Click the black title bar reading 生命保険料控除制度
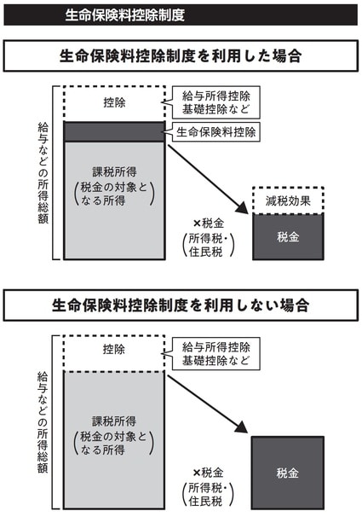coord(181,15)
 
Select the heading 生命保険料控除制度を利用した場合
coord(181,55)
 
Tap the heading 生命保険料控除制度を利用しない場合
coord(181,305)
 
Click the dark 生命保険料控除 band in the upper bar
coord(114,131)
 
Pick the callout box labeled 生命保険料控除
coord(215,132)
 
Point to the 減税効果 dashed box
coord(288,200)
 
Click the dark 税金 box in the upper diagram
coord(288,236)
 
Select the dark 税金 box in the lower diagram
coord(288,473)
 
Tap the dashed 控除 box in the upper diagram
coord(114,103)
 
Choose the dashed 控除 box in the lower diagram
coord(114,353)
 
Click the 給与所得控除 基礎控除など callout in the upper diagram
coord(215,102)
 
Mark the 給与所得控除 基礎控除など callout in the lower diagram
coord(215,353)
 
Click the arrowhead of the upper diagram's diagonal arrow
coord(242,208)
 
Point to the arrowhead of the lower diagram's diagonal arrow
coord(241,427)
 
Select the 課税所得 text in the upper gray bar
coord(114,172)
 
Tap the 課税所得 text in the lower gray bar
coord(114,421)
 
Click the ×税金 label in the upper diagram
coord(209,224)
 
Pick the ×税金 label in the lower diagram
coord(208,473)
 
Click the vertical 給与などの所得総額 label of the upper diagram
coord(43,173)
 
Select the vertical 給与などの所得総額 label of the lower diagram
coord(43,422)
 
